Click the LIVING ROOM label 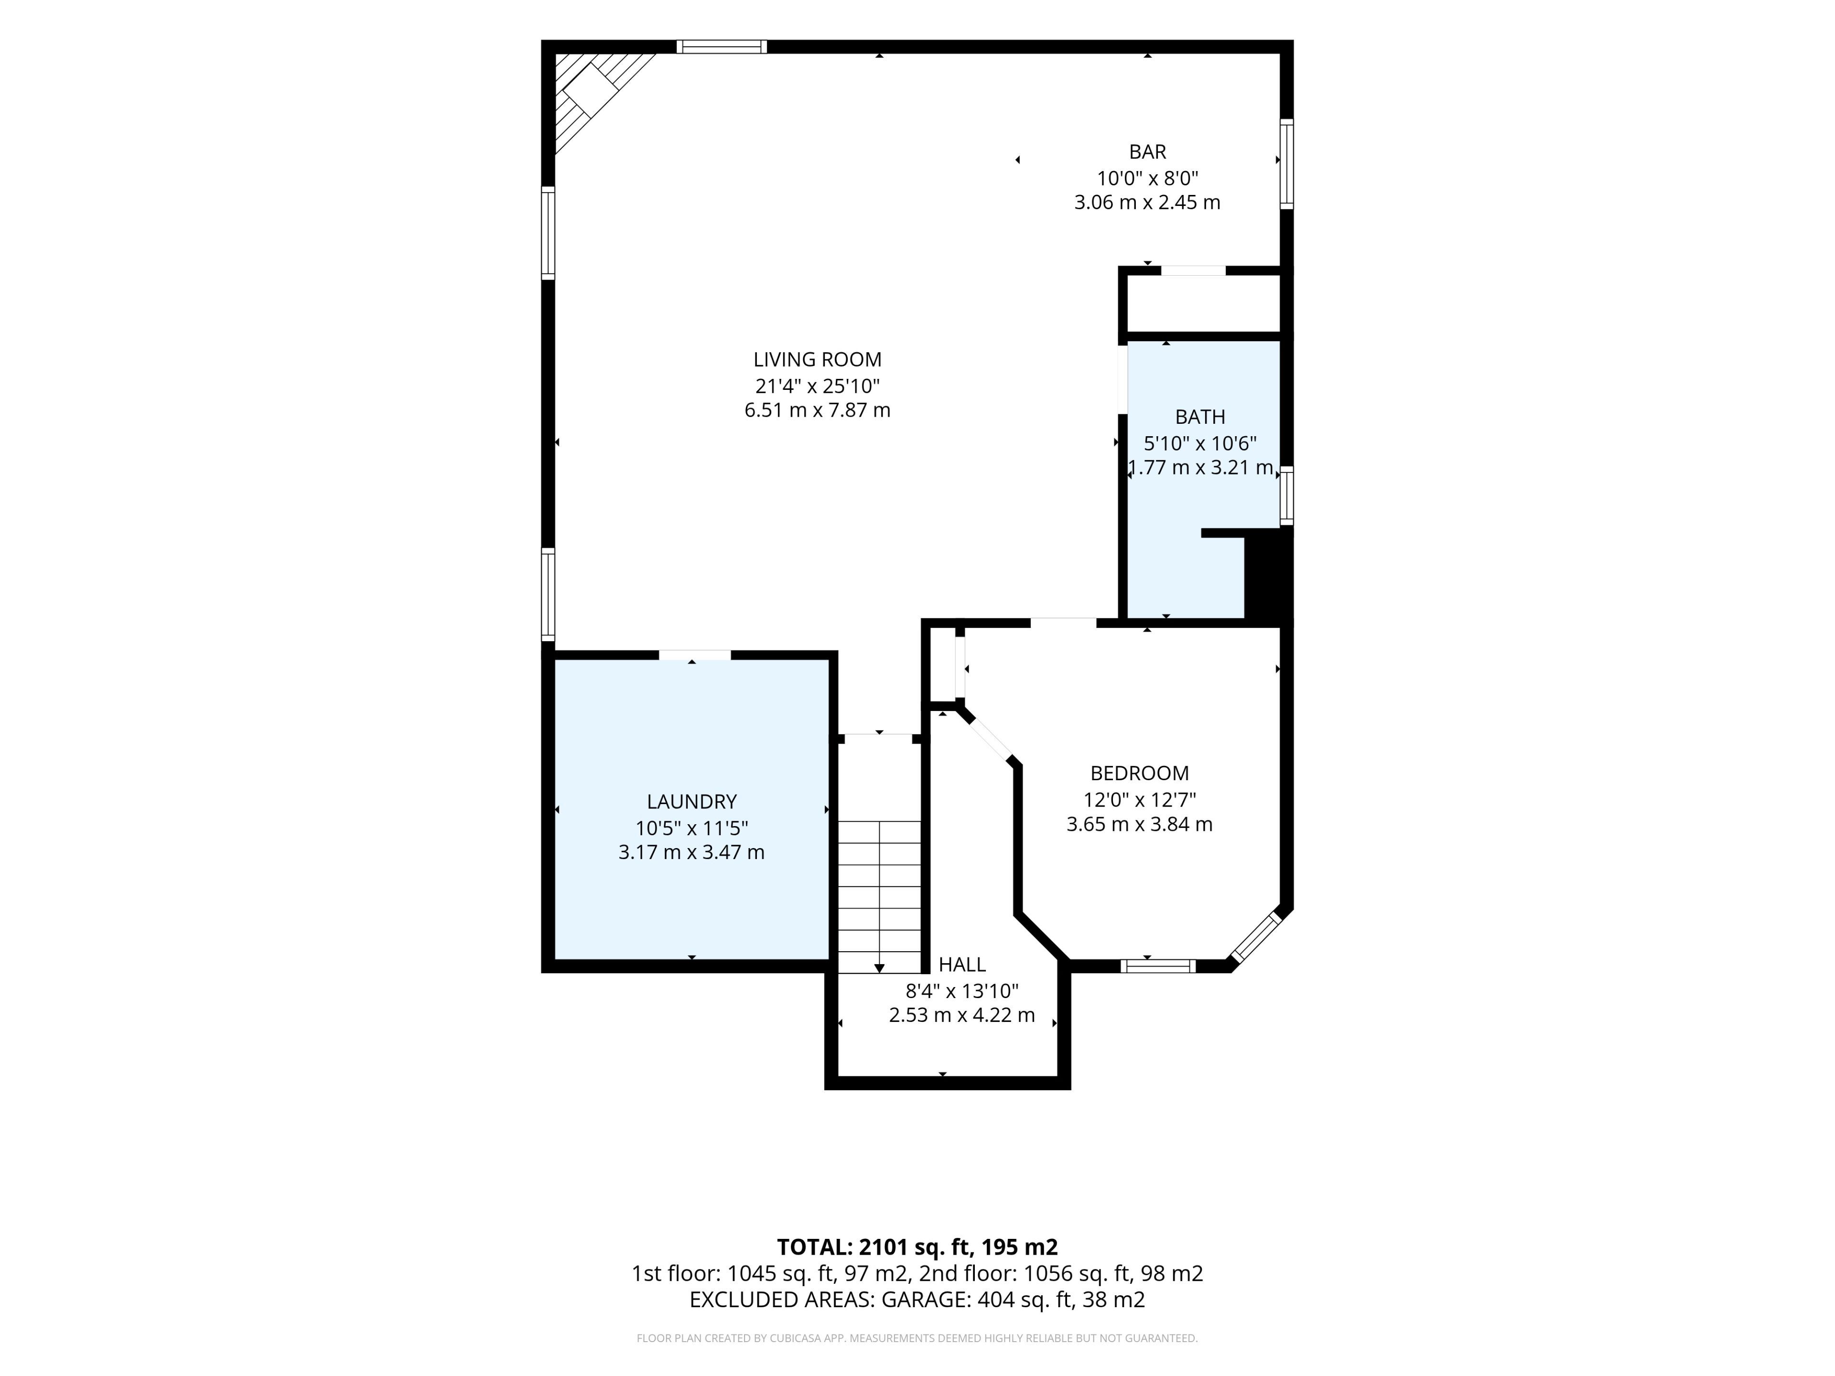(x=817, y=360)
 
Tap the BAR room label (x=1147, y=152)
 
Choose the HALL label (x=962, y=965)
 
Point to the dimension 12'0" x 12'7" (x=1140, y=799)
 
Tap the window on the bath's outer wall (x=1287, y=495)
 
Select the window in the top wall (x=722, y=46)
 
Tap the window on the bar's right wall (x=1287, y=163)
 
